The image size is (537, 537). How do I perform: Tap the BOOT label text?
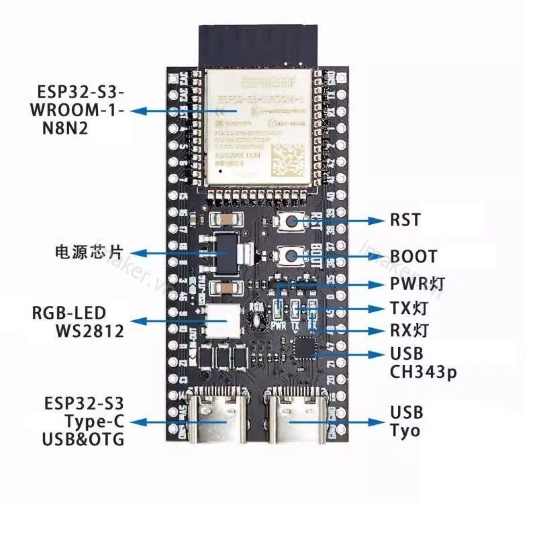coord(413,256)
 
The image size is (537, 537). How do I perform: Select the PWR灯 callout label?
coord(417,285)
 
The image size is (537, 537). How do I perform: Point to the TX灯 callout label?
coord(408,309)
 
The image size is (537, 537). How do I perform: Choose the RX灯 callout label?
coord(409,330)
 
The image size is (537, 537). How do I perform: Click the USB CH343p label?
coord(423,363)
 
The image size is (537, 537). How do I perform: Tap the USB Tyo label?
coord(406,421)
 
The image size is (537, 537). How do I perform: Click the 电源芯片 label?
coord(89,253)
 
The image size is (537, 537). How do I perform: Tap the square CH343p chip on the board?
coord(305,350)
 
